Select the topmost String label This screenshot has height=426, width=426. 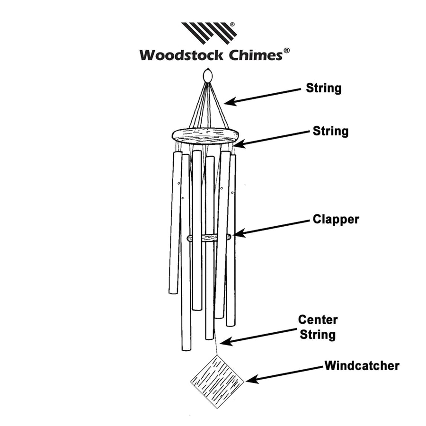(x=324, y=88)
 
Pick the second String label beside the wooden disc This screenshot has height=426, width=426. (x=330, y=131)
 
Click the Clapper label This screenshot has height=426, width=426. (x=336, y=220)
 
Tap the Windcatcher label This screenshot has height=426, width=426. (x=362, y=365)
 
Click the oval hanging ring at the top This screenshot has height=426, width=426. (x=207, y=76)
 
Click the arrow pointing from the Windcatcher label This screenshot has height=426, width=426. (x=284, y=373)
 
